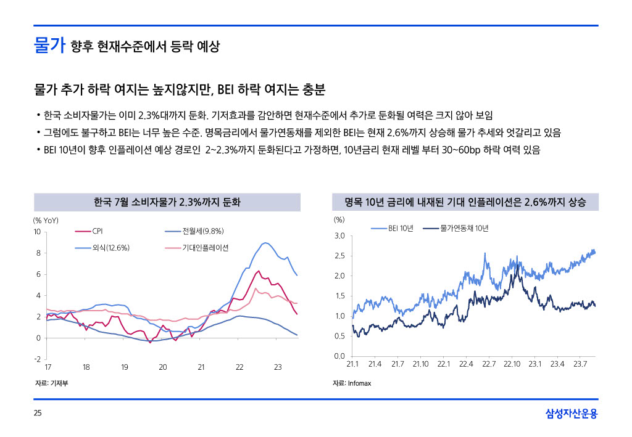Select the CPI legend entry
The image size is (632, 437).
coord(97,232)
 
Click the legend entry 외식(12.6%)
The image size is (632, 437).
coord(110,248)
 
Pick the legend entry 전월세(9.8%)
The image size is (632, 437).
coord(202,232)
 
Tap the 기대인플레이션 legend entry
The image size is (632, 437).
coord(205,248)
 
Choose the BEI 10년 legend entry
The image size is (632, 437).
coord(401,229)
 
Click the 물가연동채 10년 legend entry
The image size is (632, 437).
coord(464,229)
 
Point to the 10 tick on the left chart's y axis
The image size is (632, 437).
coord(36,232)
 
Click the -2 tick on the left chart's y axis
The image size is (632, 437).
coord(36,359)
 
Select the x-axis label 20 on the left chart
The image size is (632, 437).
coord(162,367)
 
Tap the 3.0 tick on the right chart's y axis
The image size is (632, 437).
coord(339,236)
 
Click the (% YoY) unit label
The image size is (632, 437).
coord(46,219)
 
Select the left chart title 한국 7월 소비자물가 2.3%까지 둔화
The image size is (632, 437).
coord(167,202)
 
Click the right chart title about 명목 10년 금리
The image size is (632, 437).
coord(465,202)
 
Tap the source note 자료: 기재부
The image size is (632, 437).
coord(51,383)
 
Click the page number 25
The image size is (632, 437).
coord(37,413)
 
